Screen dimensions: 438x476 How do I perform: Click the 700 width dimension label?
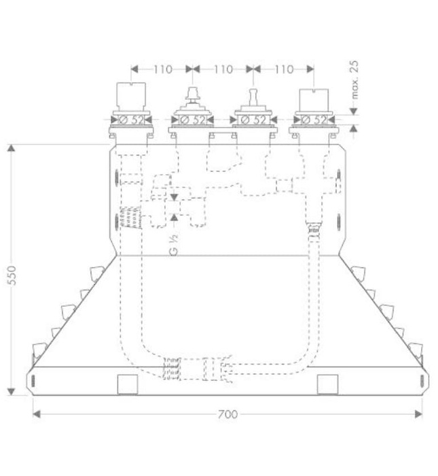(227, 414)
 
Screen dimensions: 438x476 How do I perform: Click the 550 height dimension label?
(12, 275)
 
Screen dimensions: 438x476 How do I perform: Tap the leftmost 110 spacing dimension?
(163, 69)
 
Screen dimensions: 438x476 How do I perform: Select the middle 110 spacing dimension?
(223, 69)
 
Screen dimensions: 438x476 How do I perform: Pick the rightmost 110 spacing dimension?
(284, 69)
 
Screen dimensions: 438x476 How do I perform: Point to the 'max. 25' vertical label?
(354, 80)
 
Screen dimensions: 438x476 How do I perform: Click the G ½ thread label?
(174, 245)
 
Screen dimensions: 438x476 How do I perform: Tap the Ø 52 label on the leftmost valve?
(132, 120)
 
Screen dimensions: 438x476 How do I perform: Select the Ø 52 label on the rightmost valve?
(314, 120)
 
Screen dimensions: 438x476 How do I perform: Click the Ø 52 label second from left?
(193, 120)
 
